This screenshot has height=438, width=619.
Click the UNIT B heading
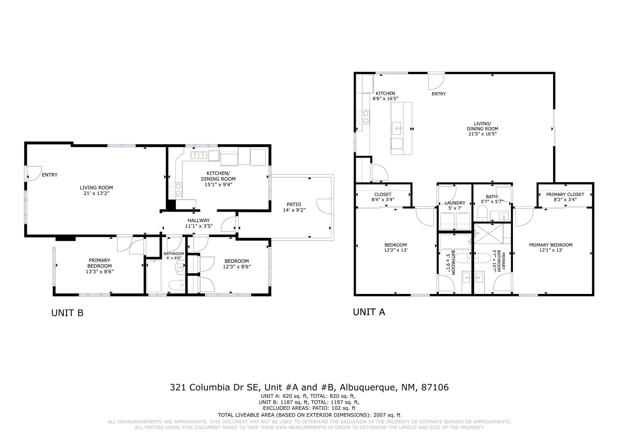tap(67, 313)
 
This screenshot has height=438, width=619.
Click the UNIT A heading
tap(369, 312)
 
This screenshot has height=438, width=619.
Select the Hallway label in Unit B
tap(198, 223)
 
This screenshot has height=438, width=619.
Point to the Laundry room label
tap(455, 206)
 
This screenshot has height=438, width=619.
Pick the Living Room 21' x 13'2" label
tap(96, 190)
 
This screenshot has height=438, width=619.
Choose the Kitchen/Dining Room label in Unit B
tap(218, 178)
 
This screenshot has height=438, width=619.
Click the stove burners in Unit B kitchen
tap(176, 189)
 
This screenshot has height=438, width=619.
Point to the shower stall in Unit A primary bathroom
tap(489, 234)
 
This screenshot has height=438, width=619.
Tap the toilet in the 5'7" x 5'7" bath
tap(482, 213)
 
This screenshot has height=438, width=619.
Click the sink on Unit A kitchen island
tap(397, 128)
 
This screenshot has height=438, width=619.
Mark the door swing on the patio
tap(324, 207)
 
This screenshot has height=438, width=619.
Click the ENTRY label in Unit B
tap(50, 175)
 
